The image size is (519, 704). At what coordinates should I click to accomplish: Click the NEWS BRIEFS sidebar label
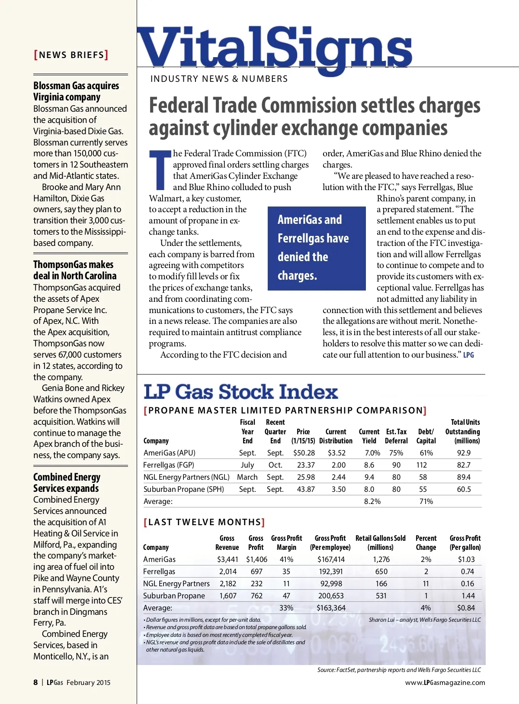click(x=71, y=55)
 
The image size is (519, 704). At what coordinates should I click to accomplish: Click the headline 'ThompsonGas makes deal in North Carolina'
click(x=75, y=270)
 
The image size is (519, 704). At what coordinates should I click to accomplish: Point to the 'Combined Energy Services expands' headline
click(x=67, y=483)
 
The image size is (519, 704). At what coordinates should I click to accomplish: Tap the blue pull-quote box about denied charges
click(x=317, y=248)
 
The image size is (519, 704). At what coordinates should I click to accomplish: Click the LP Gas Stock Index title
click(x=240, y=392)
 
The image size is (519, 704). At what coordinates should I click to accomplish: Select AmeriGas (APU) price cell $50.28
click(x=304, y=453)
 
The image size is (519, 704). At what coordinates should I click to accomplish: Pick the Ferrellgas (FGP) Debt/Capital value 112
click(x=422, y=465)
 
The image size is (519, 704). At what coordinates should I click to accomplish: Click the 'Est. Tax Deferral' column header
click(x=396, y=436)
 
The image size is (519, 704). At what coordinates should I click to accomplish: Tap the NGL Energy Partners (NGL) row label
click(x=186, y=477)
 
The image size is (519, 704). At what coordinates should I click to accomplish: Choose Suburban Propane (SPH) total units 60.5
click(x=464, y=489)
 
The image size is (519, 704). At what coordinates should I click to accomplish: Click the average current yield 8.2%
click(x=372, y=501)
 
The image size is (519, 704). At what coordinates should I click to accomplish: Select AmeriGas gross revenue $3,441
click(x=227, y=559)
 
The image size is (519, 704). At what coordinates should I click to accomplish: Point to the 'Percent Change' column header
click(x=426, y=543)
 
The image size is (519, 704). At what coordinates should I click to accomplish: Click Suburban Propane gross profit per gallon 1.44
click(x=468, y=596)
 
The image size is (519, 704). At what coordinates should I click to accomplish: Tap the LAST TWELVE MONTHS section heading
click(x=204, y=522)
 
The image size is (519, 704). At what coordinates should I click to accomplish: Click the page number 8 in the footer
click(x=35, y=682)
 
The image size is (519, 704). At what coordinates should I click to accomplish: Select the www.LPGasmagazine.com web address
click(x=445, y=682)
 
